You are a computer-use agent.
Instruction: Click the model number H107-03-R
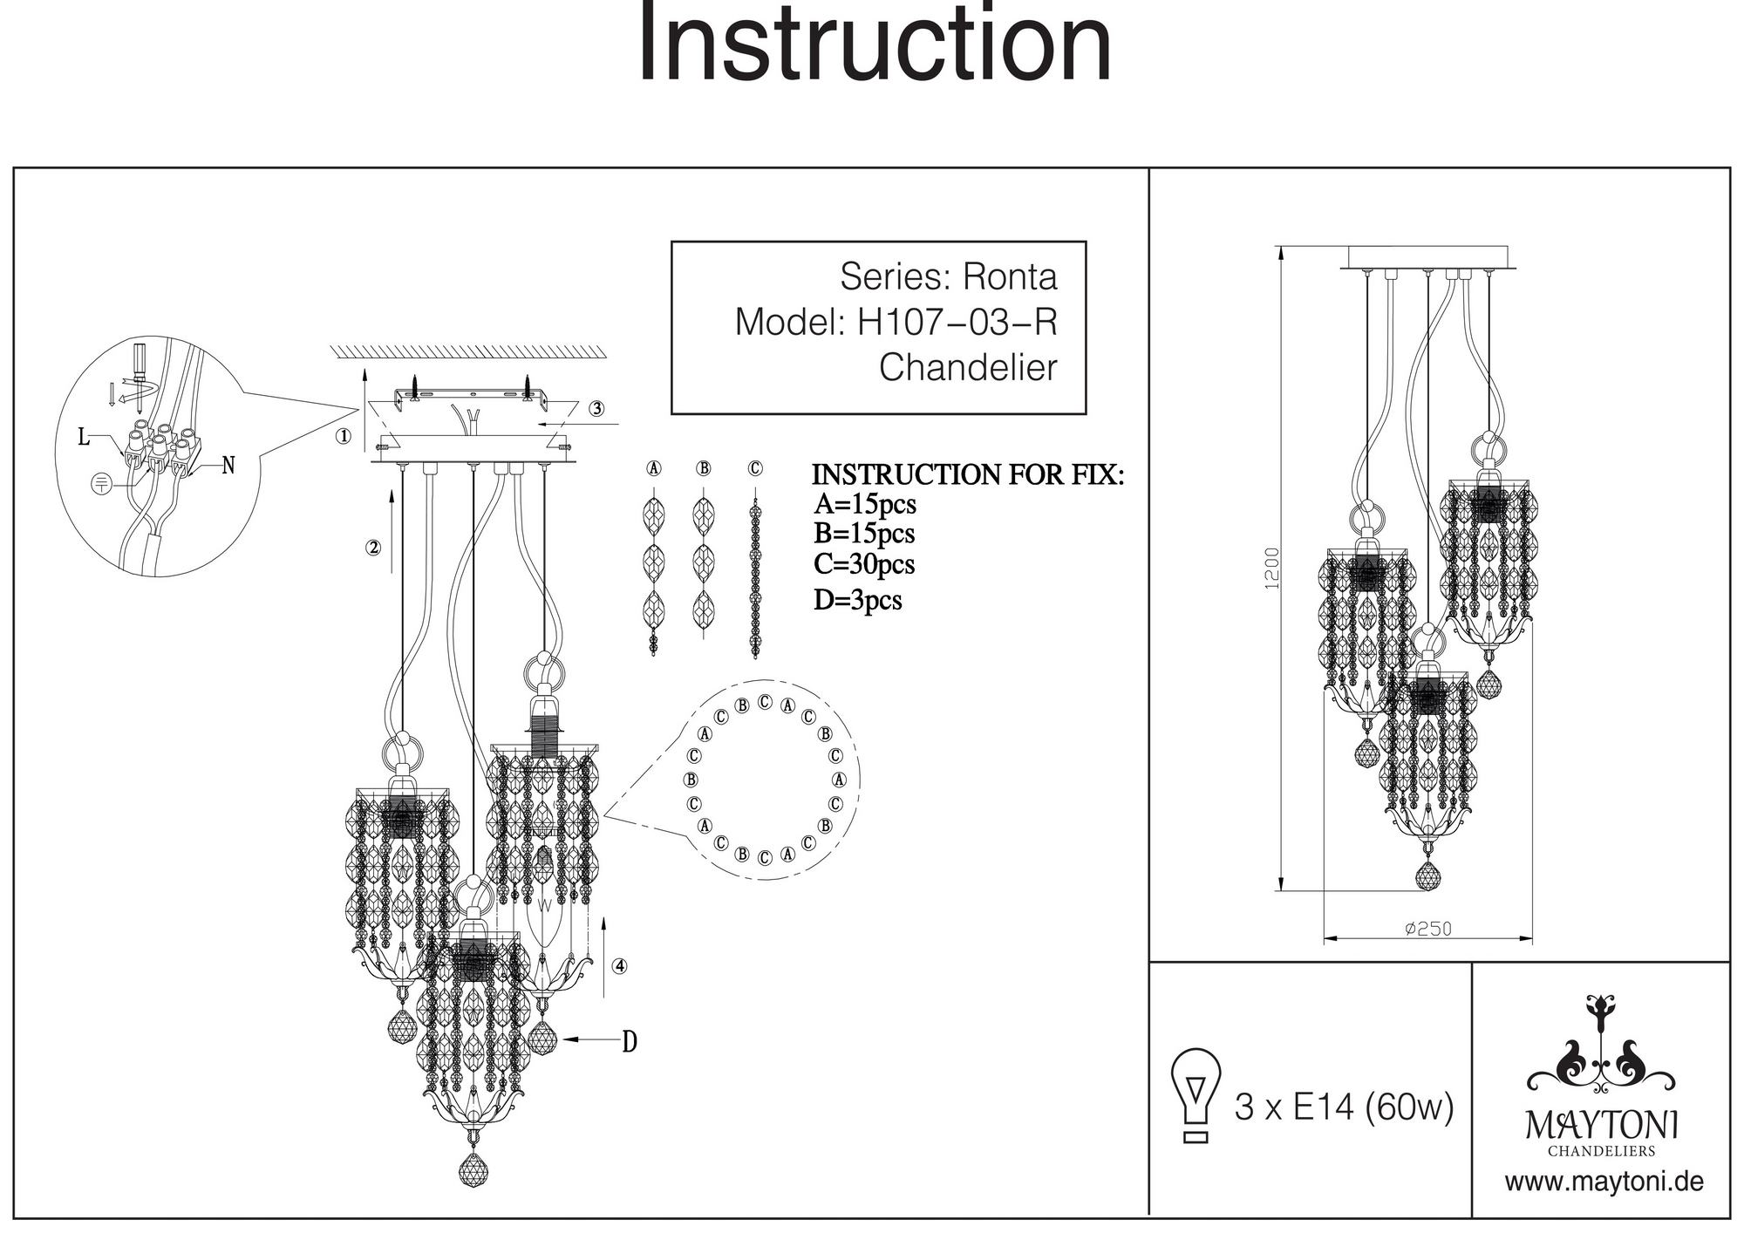(x=957, y=322)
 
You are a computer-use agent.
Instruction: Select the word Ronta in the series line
(x=1009, y=277)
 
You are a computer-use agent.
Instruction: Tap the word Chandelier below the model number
(x=967, y=367)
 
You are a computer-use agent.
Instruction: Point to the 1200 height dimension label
(x=1272, y=568)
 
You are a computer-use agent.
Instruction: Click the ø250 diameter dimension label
(x=1428, y=929)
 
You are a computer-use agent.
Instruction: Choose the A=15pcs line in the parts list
(x=864, y=504)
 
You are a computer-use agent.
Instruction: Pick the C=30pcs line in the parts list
(x=863, y=564)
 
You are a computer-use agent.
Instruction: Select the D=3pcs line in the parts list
(x=857, y=600)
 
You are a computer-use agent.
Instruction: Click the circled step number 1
(x=344, y=436)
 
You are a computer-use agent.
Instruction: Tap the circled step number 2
(x=373, y=548)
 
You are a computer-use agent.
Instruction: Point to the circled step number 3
(x=596, y=408)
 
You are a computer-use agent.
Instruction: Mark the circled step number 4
(x=619, y=965)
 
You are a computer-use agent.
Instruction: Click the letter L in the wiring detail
(x=84, y=437)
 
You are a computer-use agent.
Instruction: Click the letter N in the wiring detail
(x=228, y=466)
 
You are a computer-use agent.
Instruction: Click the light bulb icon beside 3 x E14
(x=1196, y=1095)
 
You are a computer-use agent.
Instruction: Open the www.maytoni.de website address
(x=1604, y=1182)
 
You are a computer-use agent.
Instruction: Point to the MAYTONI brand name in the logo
(x=1601, y=1125)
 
